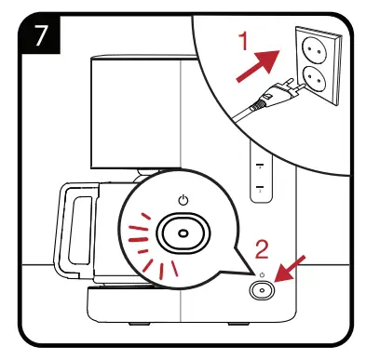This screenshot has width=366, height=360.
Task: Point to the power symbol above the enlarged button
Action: [182, 197]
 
